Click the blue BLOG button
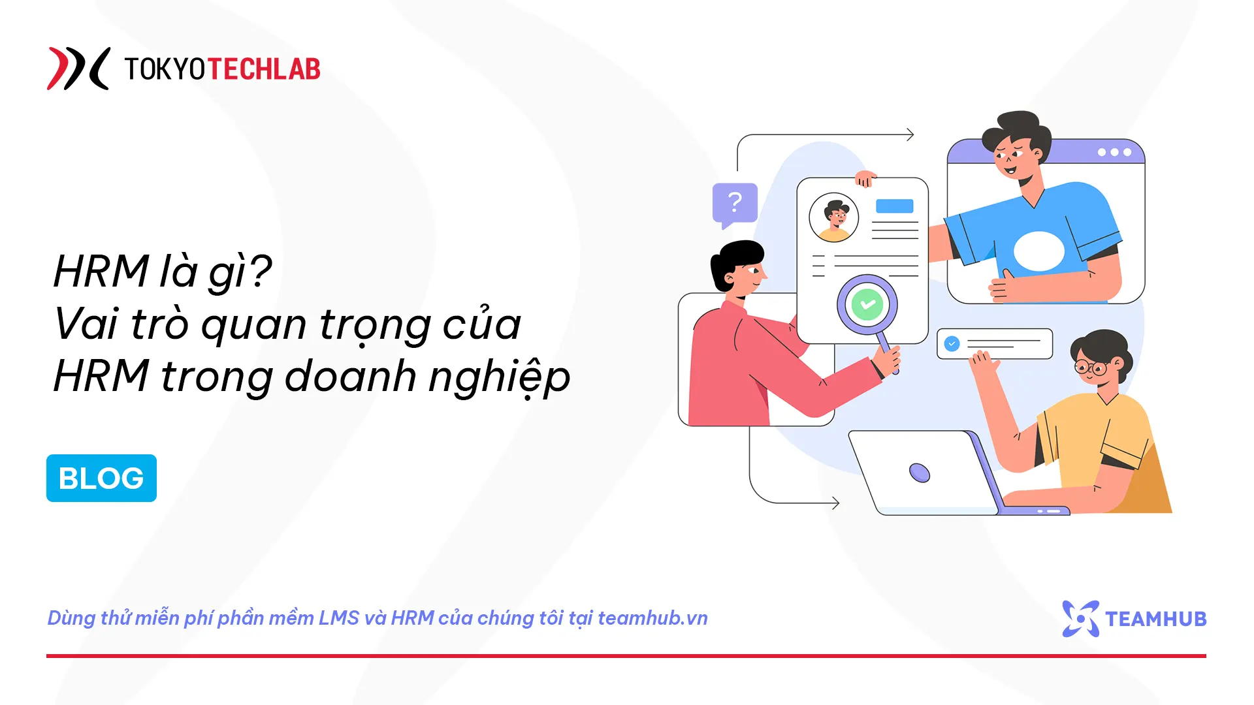pos(101,478)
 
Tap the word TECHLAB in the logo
pos(264,69)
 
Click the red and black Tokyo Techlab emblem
pos(78,69)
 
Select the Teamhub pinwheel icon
pos(1080,618)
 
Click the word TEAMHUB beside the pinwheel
pos(1155,619)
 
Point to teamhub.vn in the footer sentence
pos(652,618)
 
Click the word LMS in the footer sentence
pos(338,618)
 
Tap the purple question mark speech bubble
pos(735,204)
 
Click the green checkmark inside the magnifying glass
pos(867,304)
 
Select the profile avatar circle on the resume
pos(833,217)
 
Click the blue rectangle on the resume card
pos(894,206)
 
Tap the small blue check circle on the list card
pos(952,343)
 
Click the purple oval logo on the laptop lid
pos(920,472)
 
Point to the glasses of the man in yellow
pos(1091,368)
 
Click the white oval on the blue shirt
pos(1038,251)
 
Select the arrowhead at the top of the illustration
pos(910,134)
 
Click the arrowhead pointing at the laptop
pos(835,503)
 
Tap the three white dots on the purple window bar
pos(1114,152)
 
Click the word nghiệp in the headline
pos(499,377)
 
